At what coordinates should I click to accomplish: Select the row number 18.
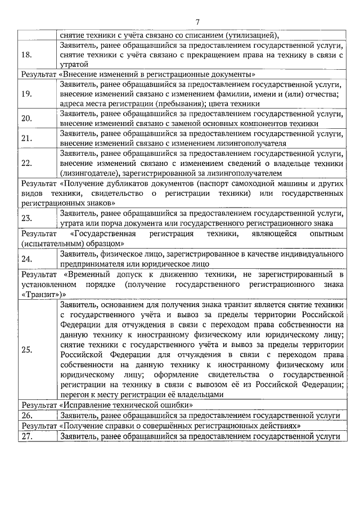(x=26, y=55)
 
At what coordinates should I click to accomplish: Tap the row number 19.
(x=26, y=93)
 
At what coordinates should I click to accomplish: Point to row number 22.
(x=26, y=163)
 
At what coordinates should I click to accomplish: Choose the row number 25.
(x=26, y=349)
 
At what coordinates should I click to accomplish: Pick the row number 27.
(x=26, y=436)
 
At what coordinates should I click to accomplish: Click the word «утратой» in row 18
(x=74, y=65)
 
